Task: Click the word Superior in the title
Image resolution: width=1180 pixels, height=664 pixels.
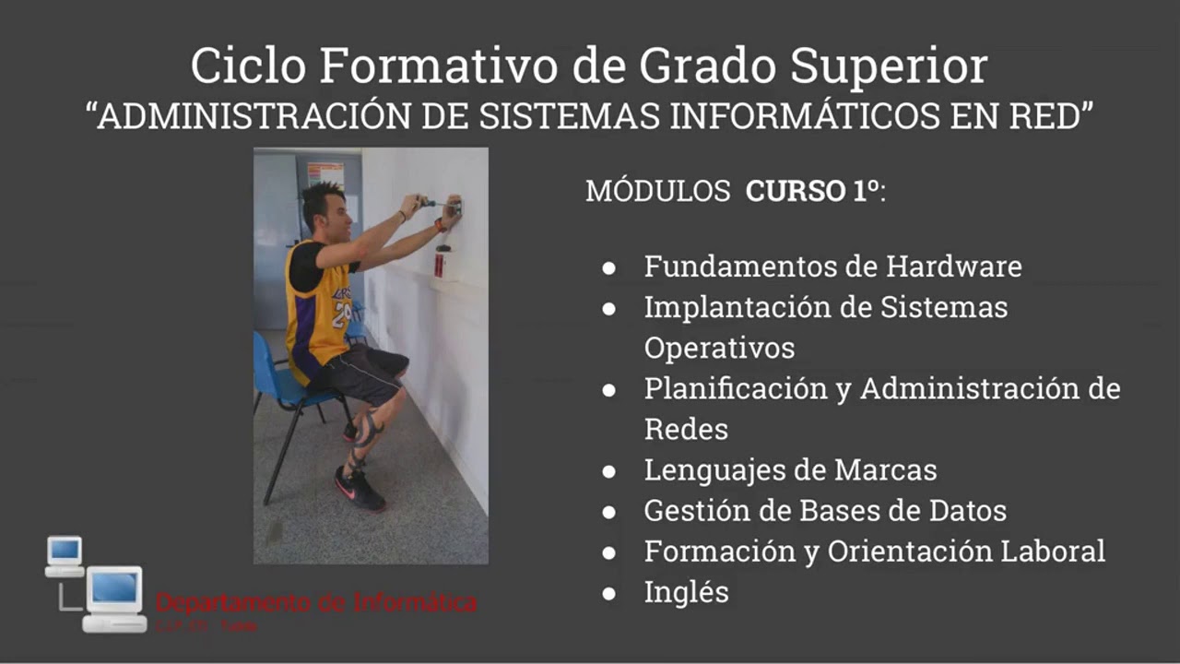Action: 890,65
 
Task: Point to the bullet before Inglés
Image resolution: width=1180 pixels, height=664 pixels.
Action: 608,593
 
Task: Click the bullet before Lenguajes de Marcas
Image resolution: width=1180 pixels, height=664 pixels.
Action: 608,471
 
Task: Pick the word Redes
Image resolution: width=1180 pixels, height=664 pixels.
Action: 686,429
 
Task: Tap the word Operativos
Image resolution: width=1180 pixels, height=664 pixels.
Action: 719,348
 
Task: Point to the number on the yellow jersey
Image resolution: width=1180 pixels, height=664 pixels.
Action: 342,313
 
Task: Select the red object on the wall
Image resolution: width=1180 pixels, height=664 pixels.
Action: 439,265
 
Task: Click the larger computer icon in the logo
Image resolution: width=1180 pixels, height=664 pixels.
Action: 114,599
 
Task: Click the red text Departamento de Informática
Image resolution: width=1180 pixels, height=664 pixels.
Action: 316,603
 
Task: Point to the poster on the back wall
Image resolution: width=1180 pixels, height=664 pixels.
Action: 325,174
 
